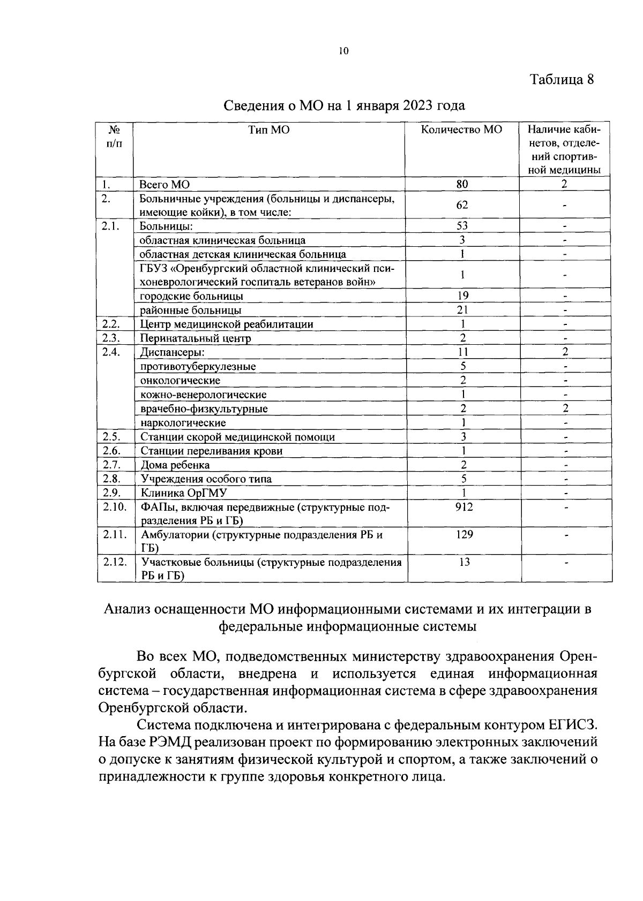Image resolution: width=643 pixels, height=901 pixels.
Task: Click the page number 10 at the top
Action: [x=343, y=51]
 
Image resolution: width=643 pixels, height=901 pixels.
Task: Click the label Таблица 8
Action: [x=562, y=80]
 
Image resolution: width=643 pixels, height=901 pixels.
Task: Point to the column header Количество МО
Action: [x=461, y=130]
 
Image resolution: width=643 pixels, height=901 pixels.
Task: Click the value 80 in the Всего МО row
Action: [x=462, y=184]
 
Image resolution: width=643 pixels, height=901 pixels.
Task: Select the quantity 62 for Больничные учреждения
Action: [x=462, y=205]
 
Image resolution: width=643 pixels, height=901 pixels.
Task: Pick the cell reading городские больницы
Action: [x=191, y=296]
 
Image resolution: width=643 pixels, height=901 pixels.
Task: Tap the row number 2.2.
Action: [x=111, y=324]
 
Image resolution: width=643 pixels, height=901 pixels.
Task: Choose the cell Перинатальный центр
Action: [x=195, y=338]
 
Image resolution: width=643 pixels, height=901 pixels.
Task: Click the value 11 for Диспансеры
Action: [x=462, y=352]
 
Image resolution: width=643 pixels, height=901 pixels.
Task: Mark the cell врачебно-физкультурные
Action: [x=204, y=409]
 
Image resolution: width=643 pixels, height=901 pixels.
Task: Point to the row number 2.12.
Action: [x=115, y=562]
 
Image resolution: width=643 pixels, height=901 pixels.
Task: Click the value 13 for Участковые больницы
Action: [x=464, y=562]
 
